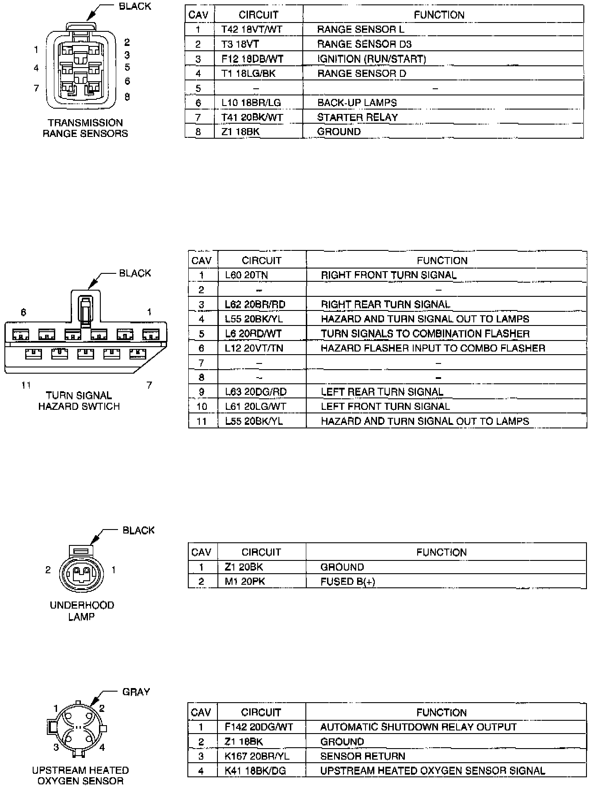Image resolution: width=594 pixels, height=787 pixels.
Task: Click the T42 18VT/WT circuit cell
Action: [x=251, y=30]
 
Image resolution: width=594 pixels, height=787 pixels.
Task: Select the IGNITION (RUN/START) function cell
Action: [x=371, y=59]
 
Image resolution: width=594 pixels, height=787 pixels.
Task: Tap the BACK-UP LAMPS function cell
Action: [x=357, y=102]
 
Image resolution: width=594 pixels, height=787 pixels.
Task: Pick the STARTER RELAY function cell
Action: [x=357, y=117]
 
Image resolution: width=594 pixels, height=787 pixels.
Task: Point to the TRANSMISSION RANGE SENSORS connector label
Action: [x=85, y=128]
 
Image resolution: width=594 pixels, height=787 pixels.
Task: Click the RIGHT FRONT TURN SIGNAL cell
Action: [x=388, y=275]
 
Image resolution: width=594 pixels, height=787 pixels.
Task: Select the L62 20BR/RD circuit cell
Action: [x=255, y=304]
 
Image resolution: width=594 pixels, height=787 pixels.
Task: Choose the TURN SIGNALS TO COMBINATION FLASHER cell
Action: [x=425, y=333]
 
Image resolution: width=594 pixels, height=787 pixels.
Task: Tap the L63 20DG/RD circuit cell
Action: [x=255, y=392]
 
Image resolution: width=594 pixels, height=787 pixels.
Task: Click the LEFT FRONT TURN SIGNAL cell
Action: [x=385, y=406]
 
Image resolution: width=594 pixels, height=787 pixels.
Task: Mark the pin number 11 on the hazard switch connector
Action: [x=26, y=385]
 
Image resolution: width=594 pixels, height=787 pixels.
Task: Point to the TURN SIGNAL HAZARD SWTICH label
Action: [x=79, y=401]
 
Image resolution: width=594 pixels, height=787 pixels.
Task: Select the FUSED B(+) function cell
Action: [x=347, y=582]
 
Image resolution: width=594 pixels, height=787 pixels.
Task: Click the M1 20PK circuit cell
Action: [x=245, y=582]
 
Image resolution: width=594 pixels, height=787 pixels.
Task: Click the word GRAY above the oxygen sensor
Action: [x=136, y=692]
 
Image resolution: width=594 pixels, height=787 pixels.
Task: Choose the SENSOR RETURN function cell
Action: [x=362, y=756]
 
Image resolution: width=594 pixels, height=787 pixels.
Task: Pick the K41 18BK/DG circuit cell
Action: [x=255, y=771]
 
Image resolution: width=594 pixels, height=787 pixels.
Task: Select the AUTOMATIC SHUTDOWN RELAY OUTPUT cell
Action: [x=418, y=727]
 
